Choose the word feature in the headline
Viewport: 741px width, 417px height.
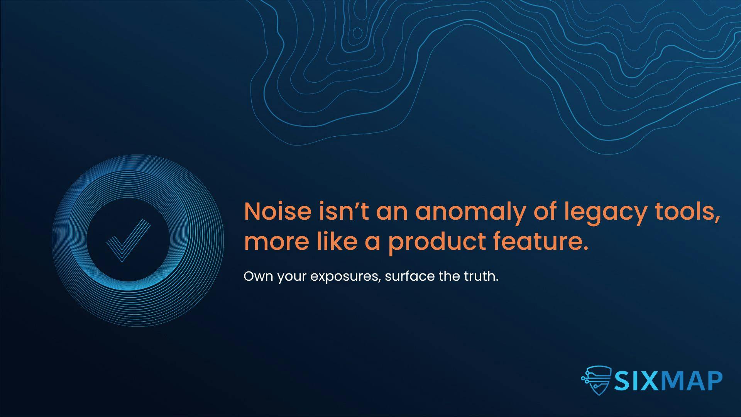pyautogui.click(x=541, y=241)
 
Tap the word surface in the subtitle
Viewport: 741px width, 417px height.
pyautogui.click(x=410, y=276)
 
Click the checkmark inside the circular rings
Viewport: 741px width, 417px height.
pyautogui.click(x=128, y=241)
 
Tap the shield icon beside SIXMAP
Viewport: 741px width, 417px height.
pyautogui.click(x=596, y=380)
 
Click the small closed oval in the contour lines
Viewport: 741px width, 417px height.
pyautogui.click(x=357, y=33)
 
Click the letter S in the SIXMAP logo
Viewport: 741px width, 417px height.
pyautogui.click(x=623, y=381)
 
